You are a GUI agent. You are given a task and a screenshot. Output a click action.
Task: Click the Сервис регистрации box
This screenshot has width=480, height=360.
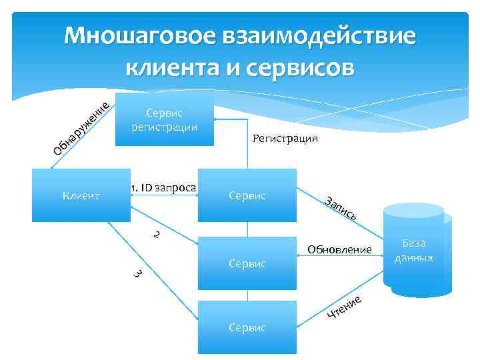[x=165, y=120]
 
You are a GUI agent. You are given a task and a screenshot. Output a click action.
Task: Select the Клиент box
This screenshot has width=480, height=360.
[x=81, y=195]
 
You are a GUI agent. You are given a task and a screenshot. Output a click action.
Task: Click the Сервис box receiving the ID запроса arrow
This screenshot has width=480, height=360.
[x=247, y=195]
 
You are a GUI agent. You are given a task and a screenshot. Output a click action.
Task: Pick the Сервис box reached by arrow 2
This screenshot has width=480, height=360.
[x=247, y=263]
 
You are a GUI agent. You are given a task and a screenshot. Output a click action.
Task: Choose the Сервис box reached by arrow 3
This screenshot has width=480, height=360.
[x=247, y=327]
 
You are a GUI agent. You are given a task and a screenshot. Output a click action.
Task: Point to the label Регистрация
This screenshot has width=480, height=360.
[x=285, y=139]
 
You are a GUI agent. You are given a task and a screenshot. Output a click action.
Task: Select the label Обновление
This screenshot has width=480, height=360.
[x=339, y=249]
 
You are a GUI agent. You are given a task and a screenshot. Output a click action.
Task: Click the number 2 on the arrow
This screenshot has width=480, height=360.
[x=155, y=235]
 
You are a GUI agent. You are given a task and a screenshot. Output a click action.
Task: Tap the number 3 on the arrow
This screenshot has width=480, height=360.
[x=136, y=273]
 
